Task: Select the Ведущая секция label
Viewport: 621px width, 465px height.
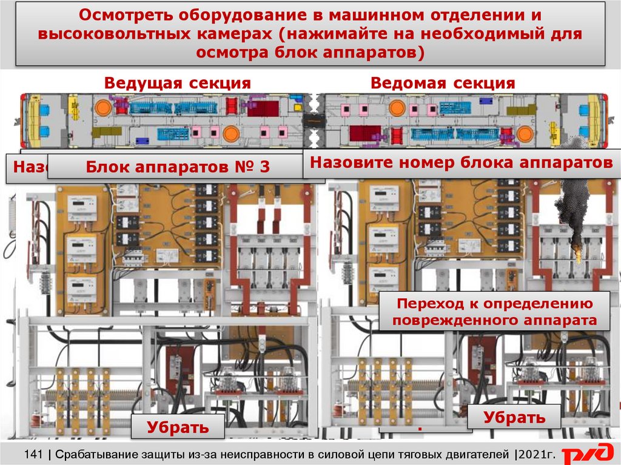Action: point(177,83)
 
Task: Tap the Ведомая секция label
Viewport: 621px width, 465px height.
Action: point(443,83)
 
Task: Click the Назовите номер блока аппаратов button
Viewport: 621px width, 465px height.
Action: point(460,162)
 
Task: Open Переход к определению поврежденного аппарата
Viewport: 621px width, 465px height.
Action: point(494,312)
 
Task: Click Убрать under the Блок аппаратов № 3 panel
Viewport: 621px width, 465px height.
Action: point(178,427)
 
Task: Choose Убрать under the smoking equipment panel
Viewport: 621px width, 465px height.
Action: point(514,417)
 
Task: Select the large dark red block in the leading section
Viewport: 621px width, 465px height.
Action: point(263,108)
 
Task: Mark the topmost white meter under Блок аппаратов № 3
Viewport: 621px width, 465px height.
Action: point(81,209)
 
